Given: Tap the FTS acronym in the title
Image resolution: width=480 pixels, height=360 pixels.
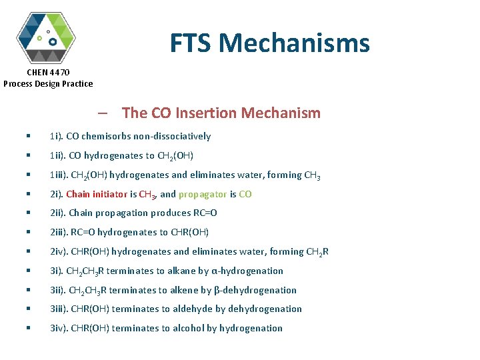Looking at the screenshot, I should pos(191,43).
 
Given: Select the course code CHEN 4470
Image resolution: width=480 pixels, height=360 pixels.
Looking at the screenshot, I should pos(48,72).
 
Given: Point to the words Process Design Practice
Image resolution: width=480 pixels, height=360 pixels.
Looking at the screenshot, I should pos(48,83).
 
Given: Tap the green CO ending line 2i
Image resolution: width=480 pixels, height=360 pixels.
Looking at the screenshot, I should pos(245,194).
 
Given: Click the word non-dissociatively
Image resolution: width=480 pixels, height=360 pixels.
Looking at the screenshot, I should pos(173,136).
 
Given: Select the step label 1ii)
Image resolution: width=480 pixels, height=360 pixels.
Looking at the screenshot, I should pos(57,155).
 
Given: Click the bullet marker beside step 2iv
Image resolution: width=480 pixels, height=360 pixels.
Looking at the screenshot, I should pos(28,251).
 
